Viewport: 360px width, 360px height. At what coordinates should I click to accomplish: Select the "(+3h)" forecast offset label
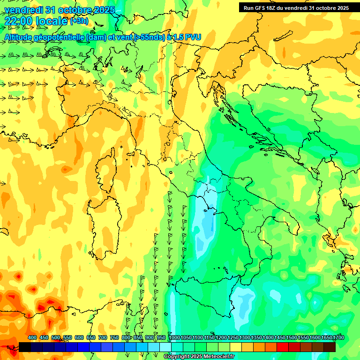tap(79, 21)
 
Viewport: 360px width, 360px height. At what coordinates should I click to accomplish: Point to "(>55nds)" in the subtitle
tap(149, 37)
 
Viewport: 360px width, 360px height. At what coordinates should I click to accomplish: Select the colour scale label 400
tap(32, 338)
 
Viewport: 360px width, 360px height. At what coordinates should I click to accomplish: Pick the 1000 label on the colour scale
tap(174, 338)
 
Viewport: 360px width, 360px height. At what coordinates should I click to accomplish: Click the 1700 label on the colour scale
tap(326, 338)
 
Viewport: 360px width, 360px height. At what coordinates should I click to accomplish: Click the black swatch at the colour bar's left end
tap(25, 347)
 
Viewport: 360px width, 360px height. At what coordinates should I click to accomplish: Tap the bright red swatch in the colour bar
tap(282, 347)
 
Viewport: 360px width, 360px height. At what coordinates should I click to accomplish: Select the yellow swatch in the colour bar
tap(236, 347)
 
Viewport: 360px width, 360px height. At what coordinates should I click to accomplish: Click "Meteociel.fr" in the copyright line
tap(219, 357)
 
